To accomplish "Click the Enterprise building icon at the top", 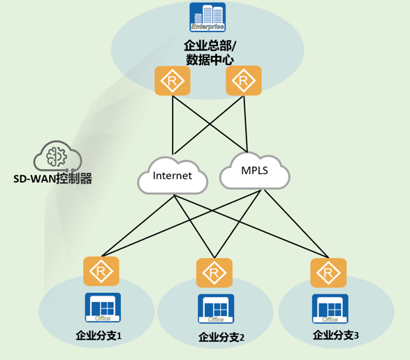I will pyautogui.click(x=207, y=17).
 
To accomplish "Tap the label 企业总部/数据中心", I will pyautogui.click(x=207, y=52).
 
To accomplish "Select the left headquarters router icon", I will pyautogui.click(x=172, y=81).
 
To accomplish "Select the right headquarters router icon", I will pyautogui.click(x=244, y=81).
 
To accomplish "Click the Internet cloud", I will pyautogui.click(x=173, y=175).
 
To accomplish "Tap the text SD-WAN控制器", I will pyautogui.click(x=53, y=179).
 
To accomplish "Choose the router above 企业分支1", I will pyautogui.click(x=101, y=271).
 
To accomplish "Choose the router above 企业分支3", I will pyautogui.click(x=327, y=272).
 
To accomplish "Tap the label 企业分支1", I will pyautogui.click(x=98, y=336).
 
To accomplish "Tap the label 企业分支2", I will pyautogui.click(x=221, y=338).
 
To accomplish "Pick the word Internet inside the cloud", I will pyautogui.click(x=172, y=175).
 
